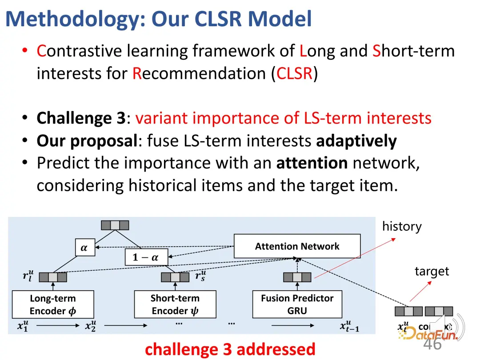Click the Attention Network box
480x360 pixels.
tap(297, 246)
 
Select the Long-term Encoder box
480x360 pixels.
tap(53, 304)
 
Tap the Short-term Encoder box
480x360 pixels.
tap(175, 304)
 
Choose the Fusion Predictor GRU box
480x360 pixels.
tap(297, 304)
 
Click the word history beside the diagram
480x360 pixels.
tap(402, 227)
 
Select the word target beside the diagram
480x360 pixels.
tap(432, 271)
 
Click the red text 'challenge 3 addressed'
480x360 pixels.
tap(230, 349)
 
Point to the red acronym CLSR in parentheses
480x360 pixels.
tap(294, 73)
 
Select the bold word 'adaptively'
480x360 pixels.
tap(356, 141)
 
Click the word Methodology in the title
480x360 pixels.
tap(76, 19)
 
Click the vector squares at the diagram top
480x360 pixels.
tap(115, 225)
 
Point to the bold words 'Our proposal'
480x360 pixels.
tap(87, 141)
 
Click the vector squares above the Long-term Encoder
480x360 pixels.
tap(53, 277)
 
